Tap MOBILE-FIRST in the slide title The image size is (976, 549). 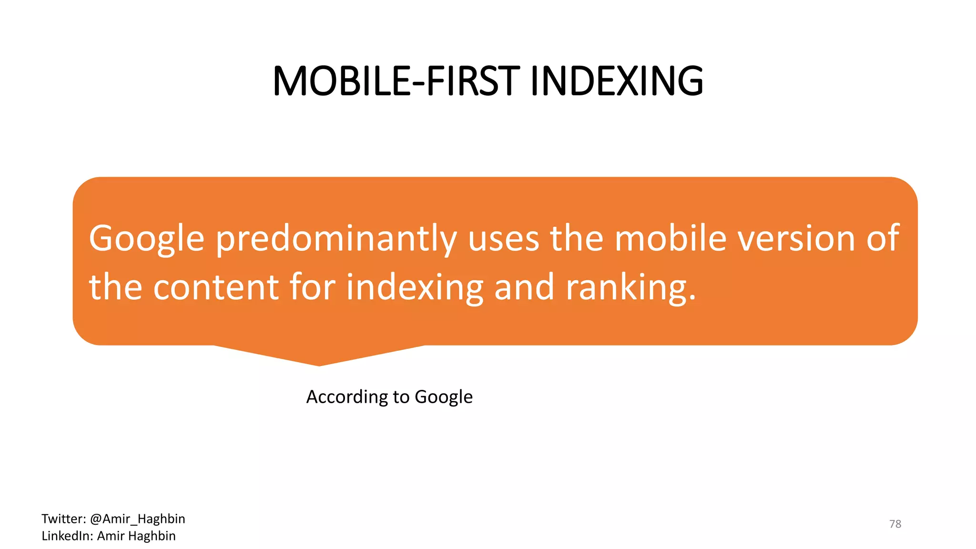(x=396, y=81)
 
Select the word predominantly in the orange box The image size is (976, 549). (x=336, y=239)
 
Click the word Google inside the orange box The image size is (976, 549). (x=147, y=239)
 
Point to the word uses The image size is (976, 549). (x=504, y=239)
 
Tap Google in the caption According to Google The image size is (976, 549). (x=444, y=397)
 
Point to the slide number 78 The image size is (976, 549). (x=895, y=524)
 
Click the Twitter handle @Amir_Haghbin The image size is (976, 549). (x=137, y=518)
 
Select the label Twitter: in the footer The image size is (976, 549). (x=63, y=518)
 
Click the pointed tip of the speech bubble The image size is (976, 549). (x=319, y=364)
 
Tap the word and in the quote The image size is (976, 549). (x=524, y=287)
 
